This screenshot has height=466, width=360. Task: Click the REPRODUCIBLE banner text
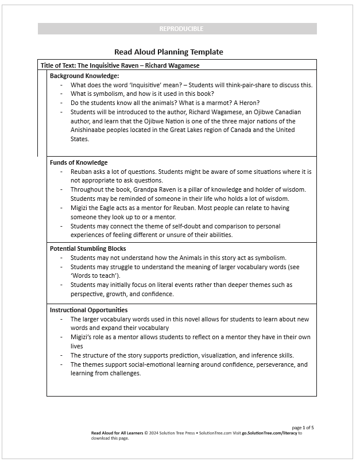(x=181, y=29)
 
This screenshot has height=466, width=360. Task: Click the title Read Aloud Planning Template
(x=169, y=52)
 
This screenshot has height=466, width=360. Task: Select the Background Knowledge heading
(x=84, y=76)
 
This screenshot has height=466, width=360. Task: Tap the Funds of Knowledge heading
(x=79, y=162)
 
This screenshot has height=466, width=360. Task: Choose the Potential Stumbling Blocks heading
(x=88, y=248)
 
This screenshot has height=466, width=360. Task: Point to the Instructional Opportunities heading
(x=89, y=310)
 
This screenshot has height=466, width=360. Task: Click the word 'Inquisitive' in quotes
(x=141, y=84)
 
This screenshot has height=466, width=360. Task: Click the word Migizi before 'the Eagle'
(x=80, y=208)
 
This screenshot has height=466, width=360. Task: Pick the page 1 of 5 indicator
(x=303, y=428)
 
